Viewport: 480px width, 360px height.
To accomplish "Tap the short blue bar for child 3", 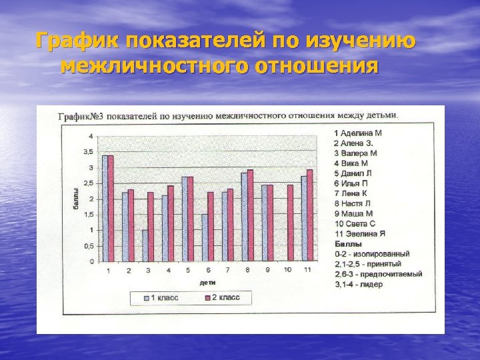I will click(x=145, y=246).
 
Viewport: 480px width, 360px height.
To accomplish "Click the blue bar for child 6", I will click(x=205, y=238).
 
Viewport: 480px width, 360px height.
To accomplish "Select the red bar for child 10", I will click(x=290, y=223).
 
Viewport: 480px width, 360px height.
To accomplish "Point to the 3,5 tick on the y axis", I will click(x=88, y=152).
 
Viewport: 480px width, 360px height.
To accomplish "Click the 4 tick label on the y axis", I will click(x=91, y=136).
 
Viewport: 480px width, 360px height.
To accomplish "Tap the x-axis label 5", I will click(x=187, y=271).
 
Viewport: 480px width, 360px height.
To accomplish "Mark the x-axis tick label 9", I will click(x=267, y=271).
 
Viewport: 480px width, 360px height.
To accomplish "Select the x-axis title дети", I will click(x=207, y=282).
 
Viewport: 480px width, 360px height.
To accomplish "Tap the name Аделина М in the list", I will click(x=361, y=133).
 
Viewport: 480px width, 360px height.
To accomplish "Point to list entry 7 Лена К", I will click(x=355, y=193).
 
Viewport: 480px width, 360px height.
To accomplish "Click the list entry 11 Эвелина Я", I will click(x=360, y=233).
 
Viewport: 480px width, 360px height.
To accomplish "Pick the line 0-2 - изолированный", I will click(x=372, y=254).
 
